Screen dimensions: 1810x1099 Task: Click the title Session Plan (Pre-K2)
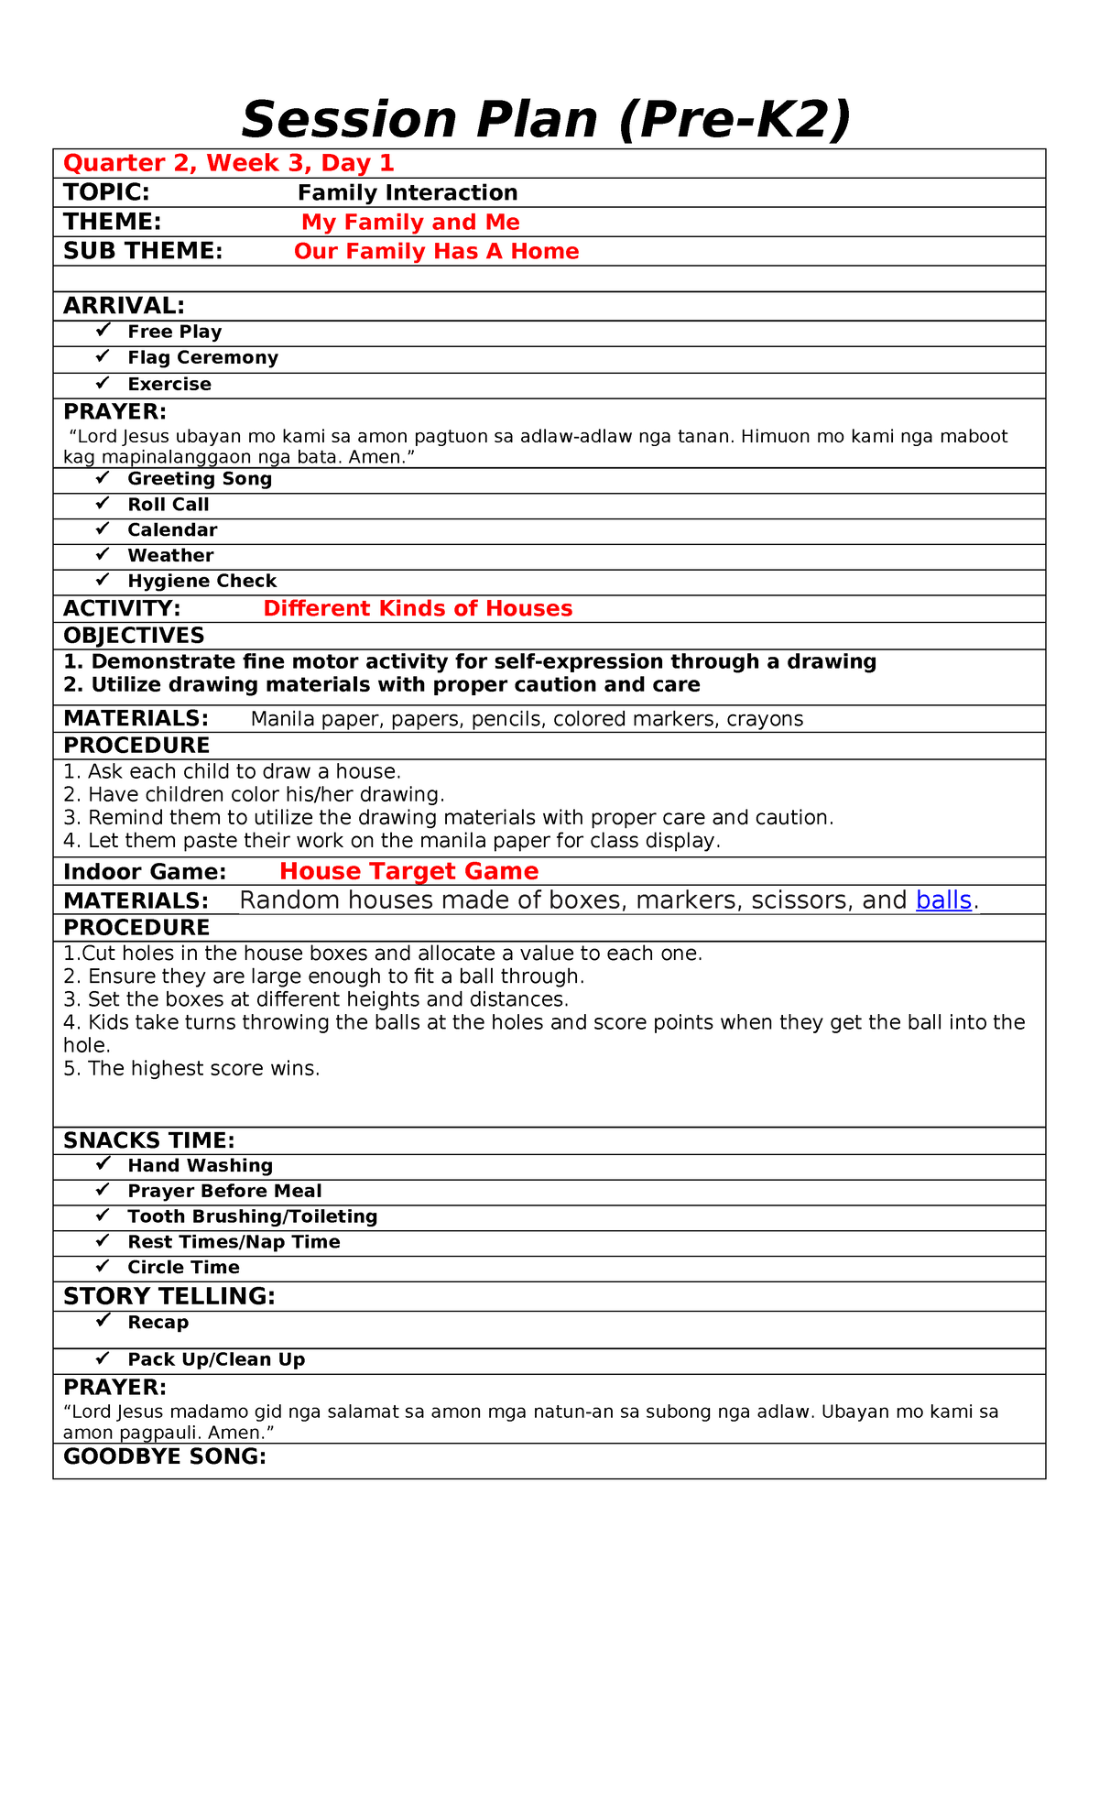(x=546, y=120)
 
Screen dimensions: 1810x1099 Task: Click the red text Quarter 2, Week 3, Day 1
(x=228, y=163)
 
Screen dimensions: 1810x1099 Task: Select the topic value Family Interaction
(x=408, y=192)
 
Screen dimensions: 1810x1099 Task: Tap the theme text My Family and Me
(x=410, y=222)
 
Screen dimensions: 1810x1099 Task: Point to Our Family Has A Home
(x=436, y=251)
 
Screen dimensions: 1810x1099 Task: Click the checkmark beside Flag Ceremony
(x=103, y=356)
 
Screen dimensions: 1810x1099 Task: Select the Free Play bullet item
(x=174, y=332)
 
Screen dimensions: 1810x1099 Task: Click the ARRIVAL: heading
(x=124, y=306)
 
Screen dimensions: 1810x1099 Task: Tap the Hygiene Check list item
(x=201, y=581)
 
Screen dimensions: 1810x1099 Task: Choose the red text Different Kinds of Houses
(x=418, y=608)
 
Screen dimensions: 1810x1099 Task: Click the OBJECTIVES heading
(x=134, y=636)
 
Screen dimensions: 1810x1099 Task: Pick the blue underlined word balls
(x=943, y=900)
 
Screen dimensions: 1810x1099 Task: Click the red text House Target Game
(x=408, y=871)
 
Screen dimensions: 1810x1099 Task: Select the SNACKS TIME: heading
(x=149, y=1140)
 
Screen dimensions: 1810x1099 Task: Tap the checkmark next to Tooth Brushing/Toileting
(x=103, y=1216)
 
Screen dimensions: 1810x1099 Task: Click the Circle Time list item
(x=183, y=1268)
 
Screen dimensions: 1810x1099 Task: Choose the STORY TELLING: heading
(x=169, y=1296)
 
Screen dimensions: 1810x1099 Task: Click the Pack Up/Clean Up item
(x=216, y=1360)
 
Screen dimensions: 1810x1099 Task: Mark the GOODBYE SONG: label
(x=165, y=1457)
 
